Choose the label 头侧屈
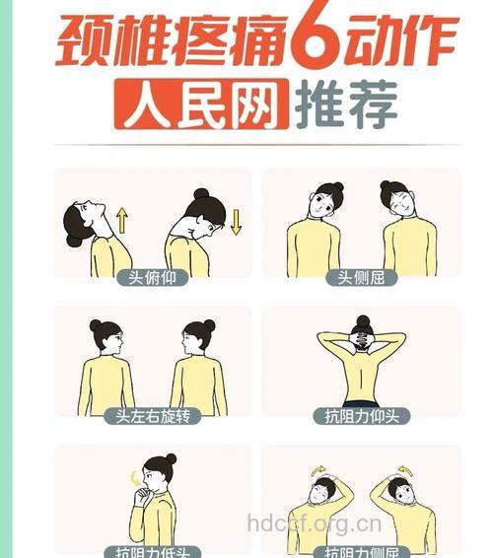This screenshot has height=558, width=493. [361, 278]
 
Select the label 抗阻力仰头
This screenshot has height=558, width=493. [361, 416]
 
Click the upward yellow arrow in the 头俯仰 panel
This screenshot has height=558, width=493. [122, 219]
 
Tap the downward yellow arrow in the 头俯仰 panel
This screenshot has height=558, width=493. [236, 221]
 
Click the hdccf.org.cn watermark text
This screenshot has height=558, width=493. [314, 523]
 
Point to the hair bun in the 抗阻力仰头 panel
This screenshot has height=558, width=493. [362, 322]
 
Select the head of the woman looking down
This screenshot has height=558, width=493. [203, 212]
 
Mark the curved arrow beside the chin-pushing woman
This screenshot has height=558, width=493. [136, 479]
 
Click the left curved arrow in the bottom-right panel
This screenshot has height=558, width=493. [317, 470]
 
